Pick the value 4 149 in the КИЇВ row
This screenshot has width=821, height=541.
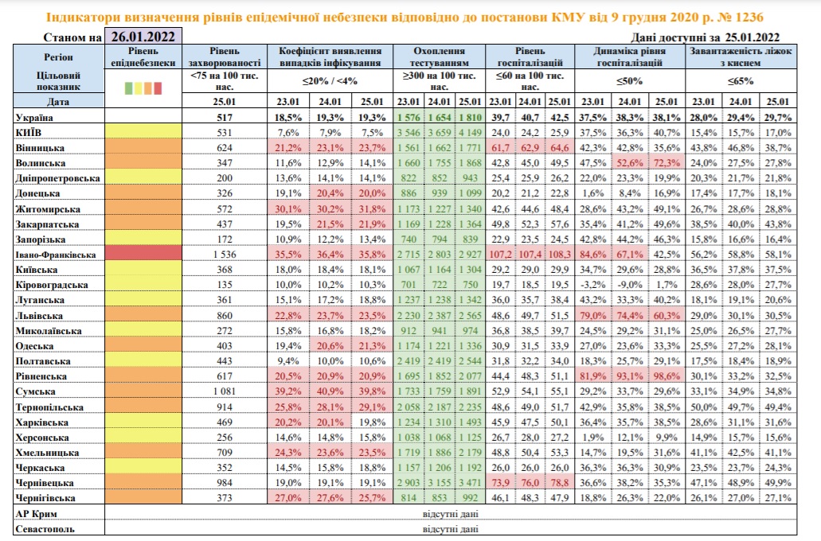pos(470,132)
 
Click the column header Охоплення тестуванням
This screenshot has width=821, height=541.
pos(440,56)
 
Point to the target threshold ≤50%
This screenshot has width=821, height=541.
pos(629,81)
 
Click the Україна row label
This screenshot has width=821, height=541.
pos(36,117)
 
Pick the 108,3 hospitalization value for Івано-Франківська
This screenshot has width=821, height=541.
pos(560,255)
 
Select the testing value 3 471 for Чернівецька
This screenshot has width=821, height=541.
pos(470,483)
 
